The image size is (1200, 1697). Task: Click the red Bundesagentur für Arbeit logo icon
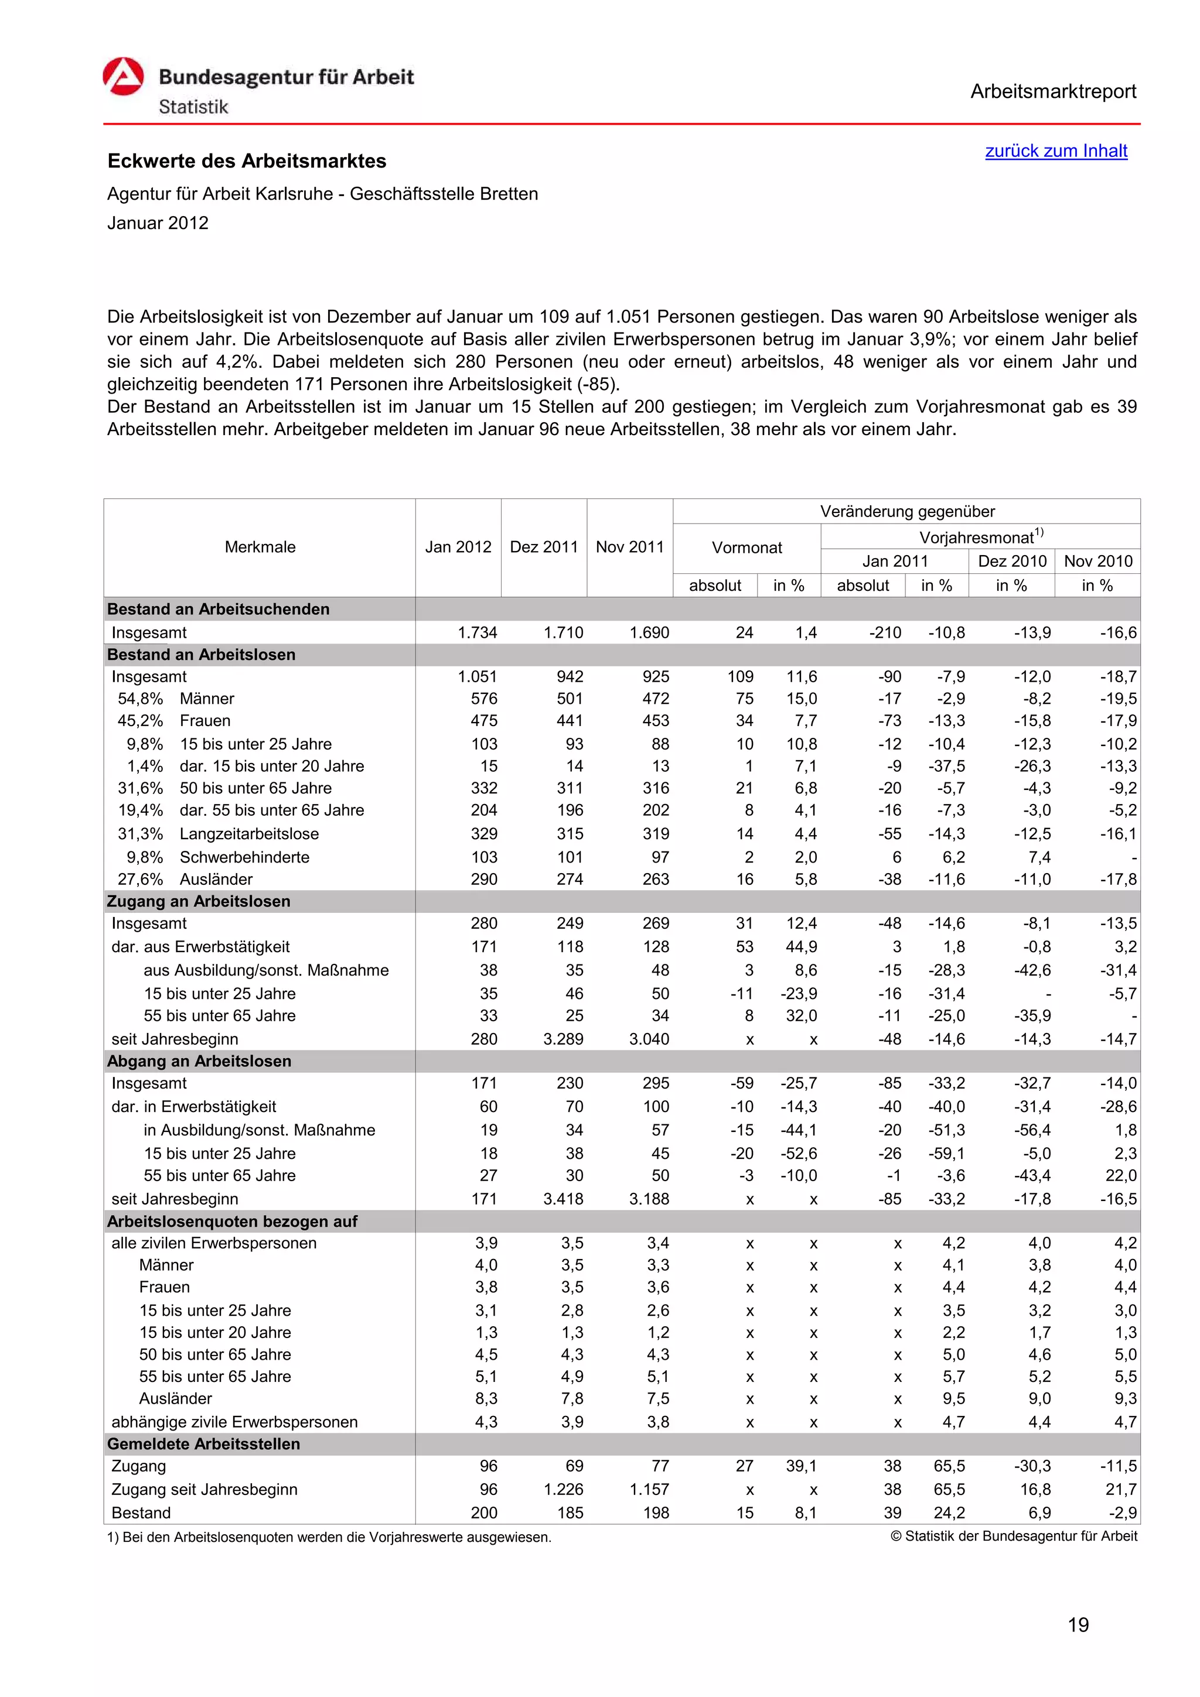pyautogui.click(x=122, y=77)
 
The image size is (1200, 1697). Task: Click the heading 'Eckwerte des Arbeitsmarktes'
pyautogui.click(x=247, y=161)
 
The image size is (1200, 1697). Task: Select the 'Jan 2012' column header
pyautogui.click(x=458, y=547)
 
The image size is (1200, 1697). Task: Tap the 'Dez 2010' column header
pyautogui.click(x=1011, y=561)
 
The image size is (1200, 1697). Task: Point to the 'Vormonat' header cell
pyautogui.click(x=746, y=548)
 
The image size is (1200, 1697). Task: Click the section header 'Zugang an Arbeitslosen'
pyautogui.click(x=198, y=901)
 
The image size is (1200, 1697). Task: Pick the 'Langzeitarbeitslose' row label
pyautogui.click(x=249, y=834)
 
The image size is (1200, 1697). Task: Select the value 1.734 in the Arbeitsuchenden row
pyautogui.click(x=477, y=632)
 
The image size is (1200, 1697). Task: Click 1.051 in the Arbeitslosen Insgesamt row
pyautogui.click(x=477, y=676)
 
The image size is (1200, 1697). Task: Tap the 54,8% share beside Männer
pyautogui.click(x=141, y=699)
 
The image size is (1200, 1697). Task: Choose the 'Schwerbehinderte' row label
pyautogui.click(x=245, y=857)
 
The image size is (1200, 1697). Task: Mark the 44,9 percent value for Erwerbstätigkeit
pyautogui.click(x=801, y=947)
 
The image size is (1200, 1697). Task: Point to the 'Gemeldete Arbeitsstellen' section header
pyautogui.click(x=203, y=1443)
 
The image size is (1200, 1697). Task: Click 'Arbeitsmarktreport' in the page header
pyautogui.click(x=1053, y=92)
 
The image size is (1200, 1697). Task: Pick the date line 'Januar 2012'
pyautogui.click(x=158, y=223)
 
